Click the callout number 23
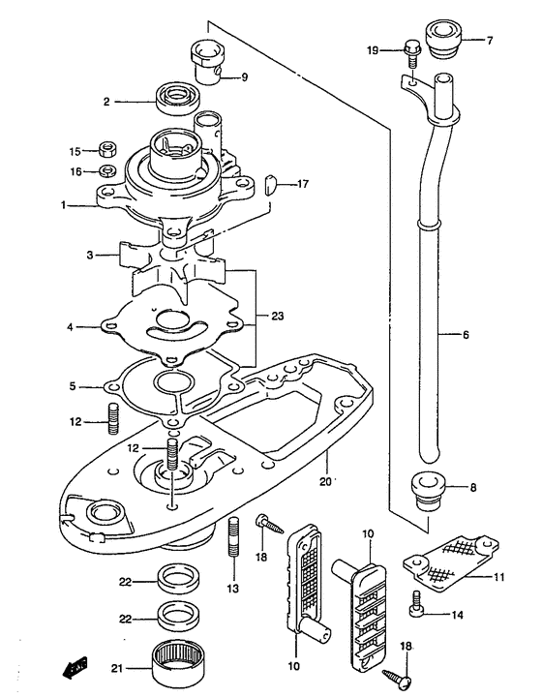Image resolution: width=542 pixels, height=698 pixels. click(x=277, y=316)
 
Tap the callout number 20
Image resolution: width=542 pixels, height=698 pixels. click(x=325, y=482)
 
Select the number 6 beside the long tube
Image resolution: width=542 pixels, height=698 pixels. click(x=466, y=334)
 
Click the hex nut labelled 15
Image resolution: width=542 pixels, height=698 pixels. click(x=106, y=149)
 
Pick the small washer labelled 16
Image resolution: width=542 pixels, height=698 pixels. click(x=106, y=170)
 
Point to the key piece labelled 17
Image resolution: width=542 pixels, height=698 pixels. click(x=271, y=185)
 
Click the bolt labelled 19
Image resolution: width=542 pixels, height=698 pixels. click(x=412, y=53)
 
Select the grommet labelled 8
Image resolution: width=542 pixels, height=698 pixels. click(x=427, y=493)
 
